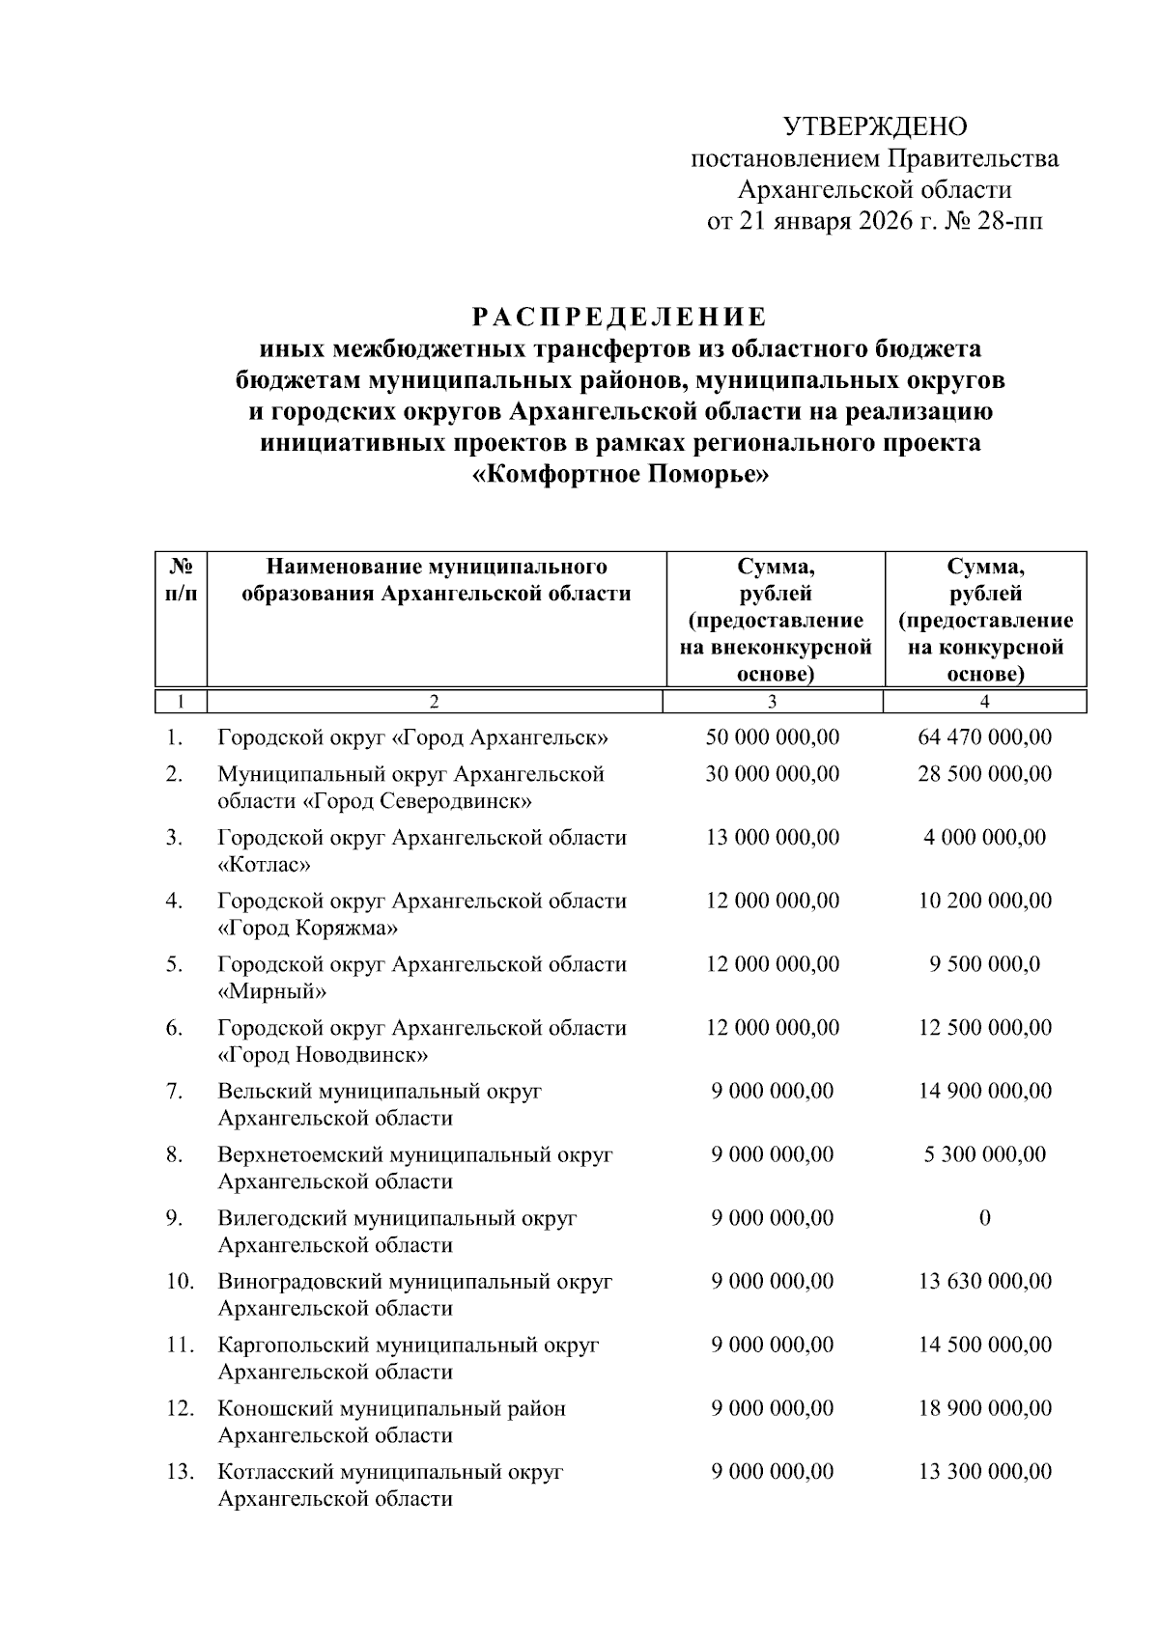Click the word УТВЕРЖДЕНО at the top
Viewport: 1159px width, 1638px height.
tap(874, 126)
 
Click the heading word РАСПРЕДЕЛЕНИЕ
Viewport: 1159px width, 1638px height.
tap(620, 318)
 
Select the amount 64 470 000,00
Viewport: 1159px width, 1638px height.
tap(984, 737)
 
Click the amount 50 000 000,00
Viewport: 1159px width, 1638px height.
tap(773, 737)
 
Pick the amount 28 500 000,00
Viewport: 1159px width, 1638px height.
tap(984, 774)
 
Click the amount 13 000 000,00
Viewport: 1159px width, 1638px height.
tap(773, 838)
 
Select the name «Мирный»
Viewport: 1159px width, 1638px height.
tap(272, 991)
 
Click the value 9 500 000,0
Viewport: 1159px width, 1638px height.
tap(984, 964)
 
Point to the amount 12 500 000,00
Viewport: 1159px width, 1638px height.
tap(984, 1028)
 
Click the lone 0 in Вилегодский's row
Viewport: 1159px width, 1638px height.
tap(984, 1218)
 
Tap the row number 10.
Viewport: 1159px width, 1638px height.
tap(179, 1282)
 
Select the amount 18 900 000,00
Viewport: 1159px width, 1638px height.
tap(984, 1408)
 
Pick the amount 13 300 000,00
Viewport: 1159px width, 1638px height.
tap(984, 1472)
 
